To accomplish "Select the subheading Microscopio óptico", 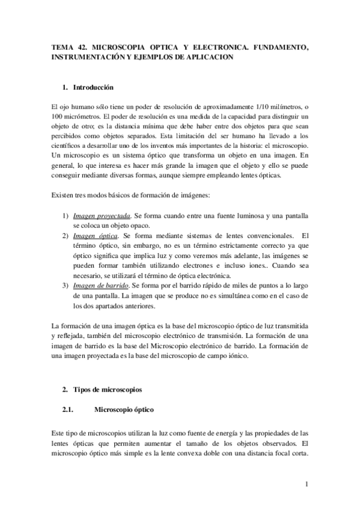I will pos(124,410).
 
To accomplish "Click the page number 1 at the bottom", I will pos(306,484).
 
